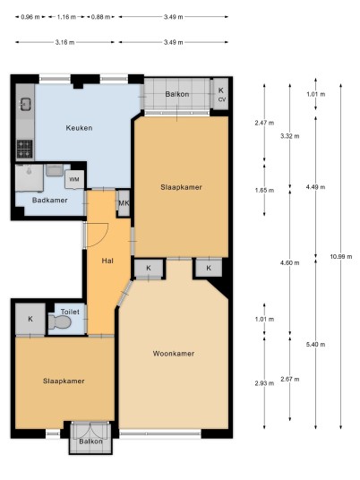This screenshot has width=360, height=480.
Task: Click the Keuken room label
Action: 79,128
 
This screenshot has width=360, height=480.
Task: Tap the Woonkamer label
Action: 174,354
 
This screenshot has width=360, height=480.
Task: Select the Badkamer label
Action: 50,201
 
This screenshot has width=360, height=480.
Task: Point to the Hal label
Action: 107,261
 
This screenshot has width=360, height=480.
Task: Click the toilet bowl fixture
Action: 60,322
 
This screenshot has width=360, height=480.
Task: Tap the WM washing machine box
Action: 74,179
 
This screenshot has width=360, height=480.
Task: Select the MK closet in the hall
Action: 124,203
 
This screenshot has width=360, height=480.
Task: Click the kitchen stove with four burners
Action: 24,149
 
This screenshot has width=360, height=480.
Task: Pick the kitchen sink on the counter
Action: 25,104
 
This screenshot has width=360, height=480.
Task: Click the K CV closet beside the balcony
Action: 220,94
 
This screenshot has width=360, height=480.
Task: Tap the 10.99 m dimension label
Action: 340,256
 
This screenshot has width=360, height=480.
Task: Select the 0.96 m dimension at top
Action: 30,17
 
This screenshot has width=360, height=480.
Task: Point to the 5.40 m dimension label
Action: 315,345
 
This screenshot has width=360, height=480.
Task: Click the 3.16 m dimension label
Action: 64,42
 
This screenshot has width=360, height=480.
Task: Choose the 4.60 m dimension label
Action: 290,262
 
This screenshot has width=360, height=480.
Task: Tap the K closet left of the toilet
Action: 30,319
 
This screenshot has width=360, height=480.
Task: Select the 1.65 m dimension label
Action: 264,190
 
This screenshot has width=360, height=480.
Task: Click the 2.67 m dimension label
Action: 290,380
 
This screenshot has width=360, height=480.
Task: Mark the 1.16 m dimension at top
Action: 66,17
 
